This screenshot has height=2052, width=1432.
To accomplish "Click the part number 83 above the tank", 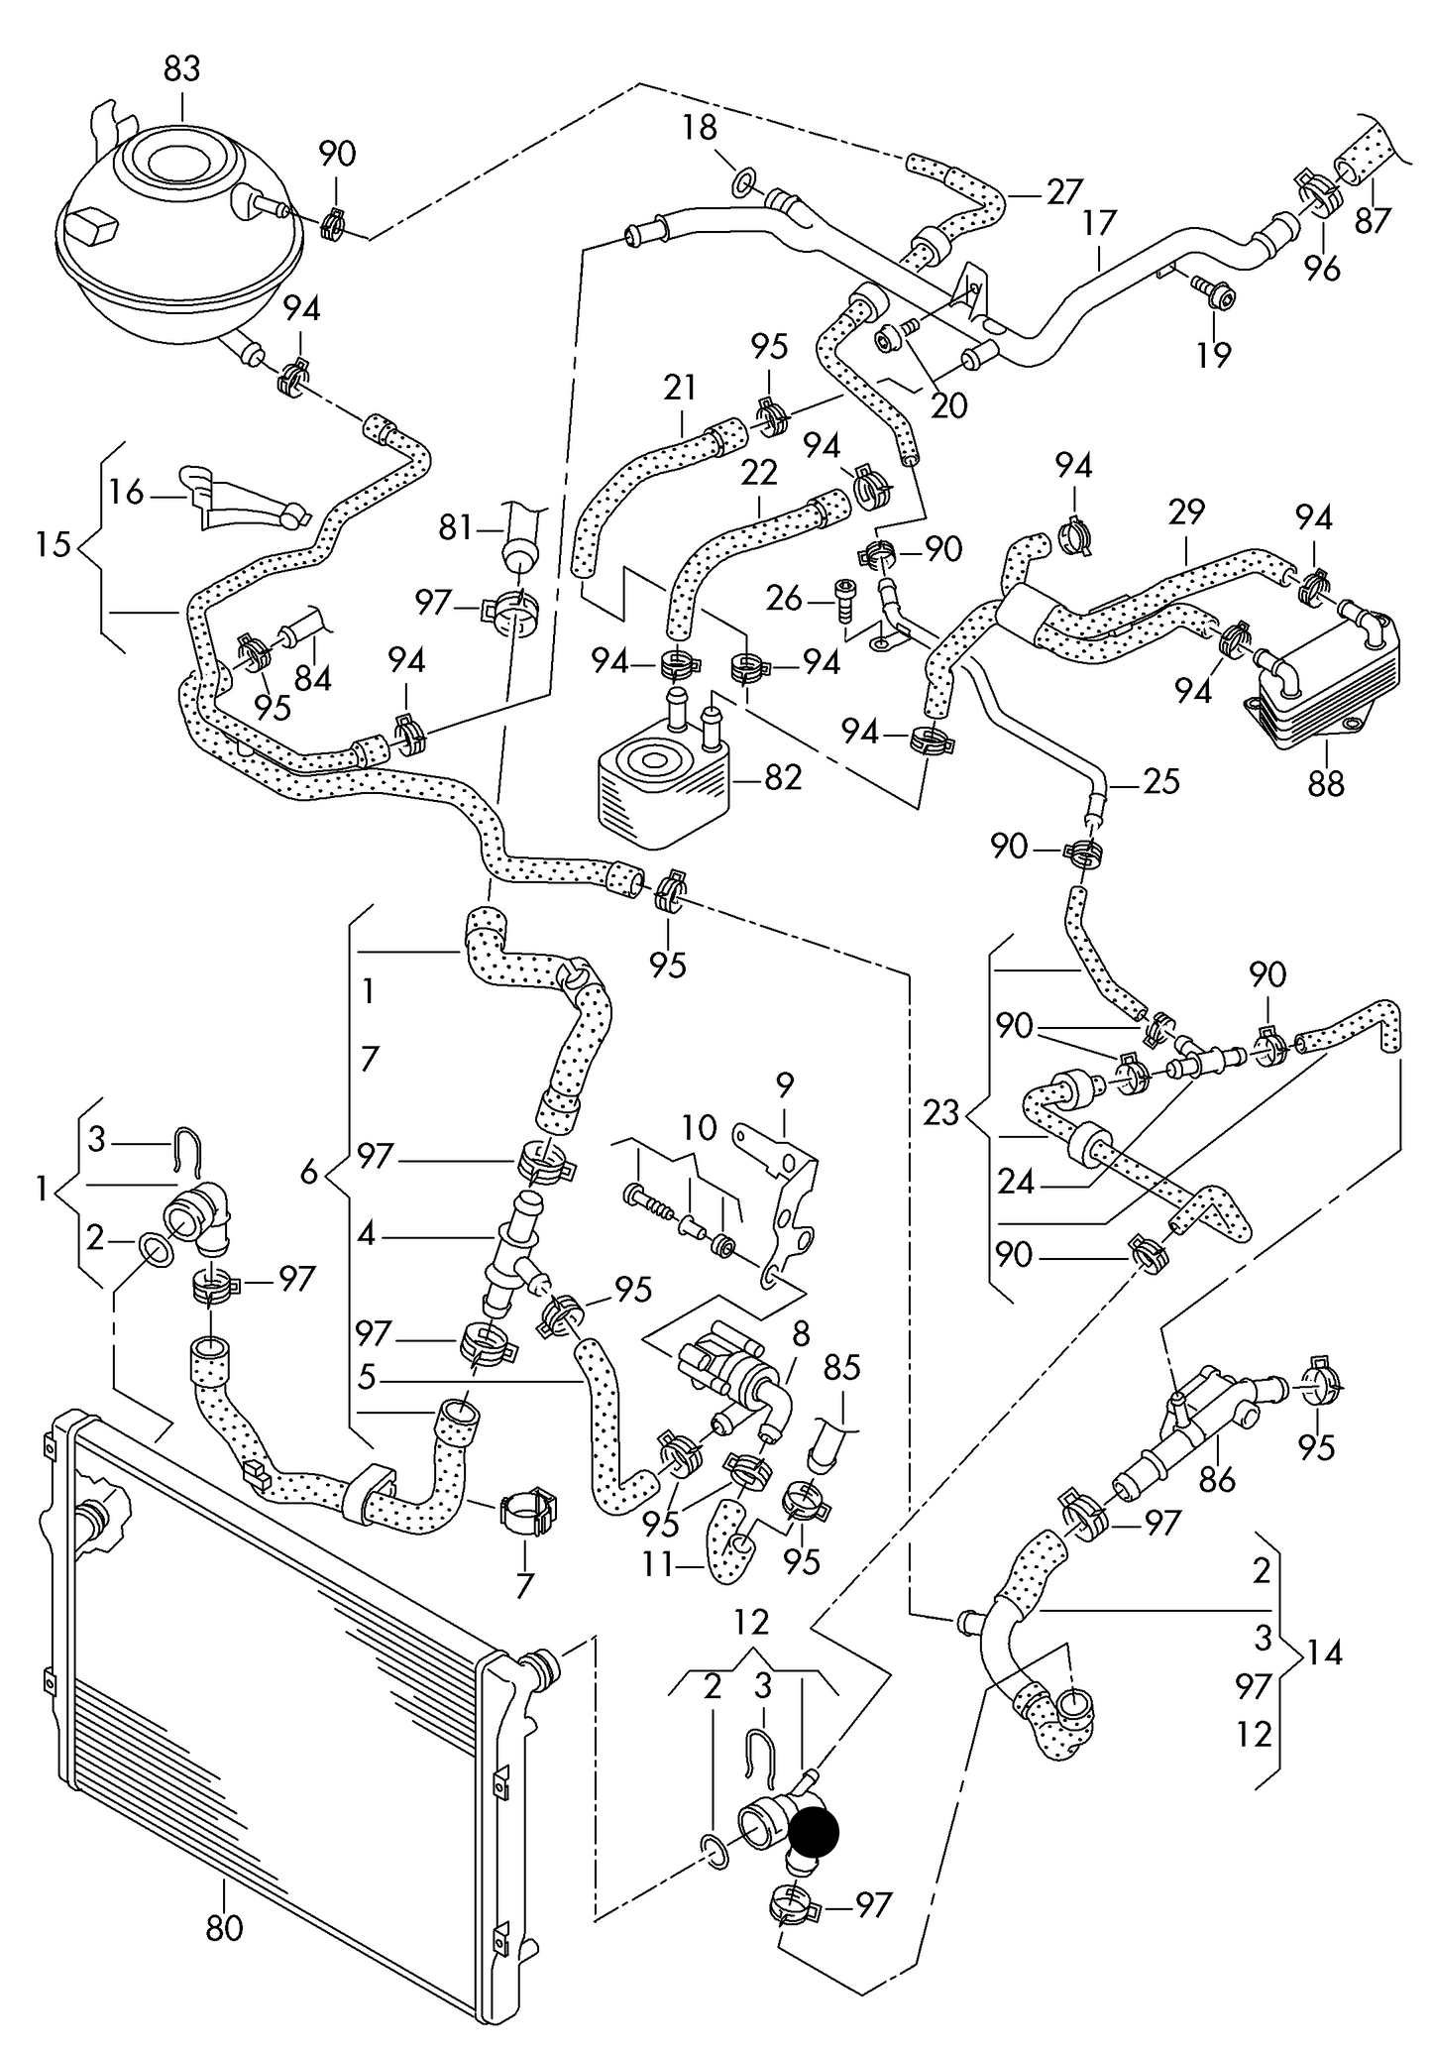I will [181, 69].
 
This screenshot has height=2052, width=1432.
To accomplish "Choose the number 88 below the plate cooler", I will [1326, 783].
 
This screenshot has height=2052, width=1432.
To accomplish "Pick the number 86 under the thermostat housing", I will [1217, 1480].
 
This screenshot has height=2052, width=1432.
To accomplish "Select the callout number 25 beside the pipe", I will [1160, 782].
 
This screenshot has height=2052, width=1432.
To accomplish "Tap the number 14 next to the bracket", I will [1324, 1653].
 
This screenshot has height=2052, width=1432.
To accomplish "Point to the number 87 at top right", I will [1374, 219].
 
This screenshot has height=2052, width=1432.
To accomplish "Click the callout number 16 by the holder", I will [127, 492].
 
